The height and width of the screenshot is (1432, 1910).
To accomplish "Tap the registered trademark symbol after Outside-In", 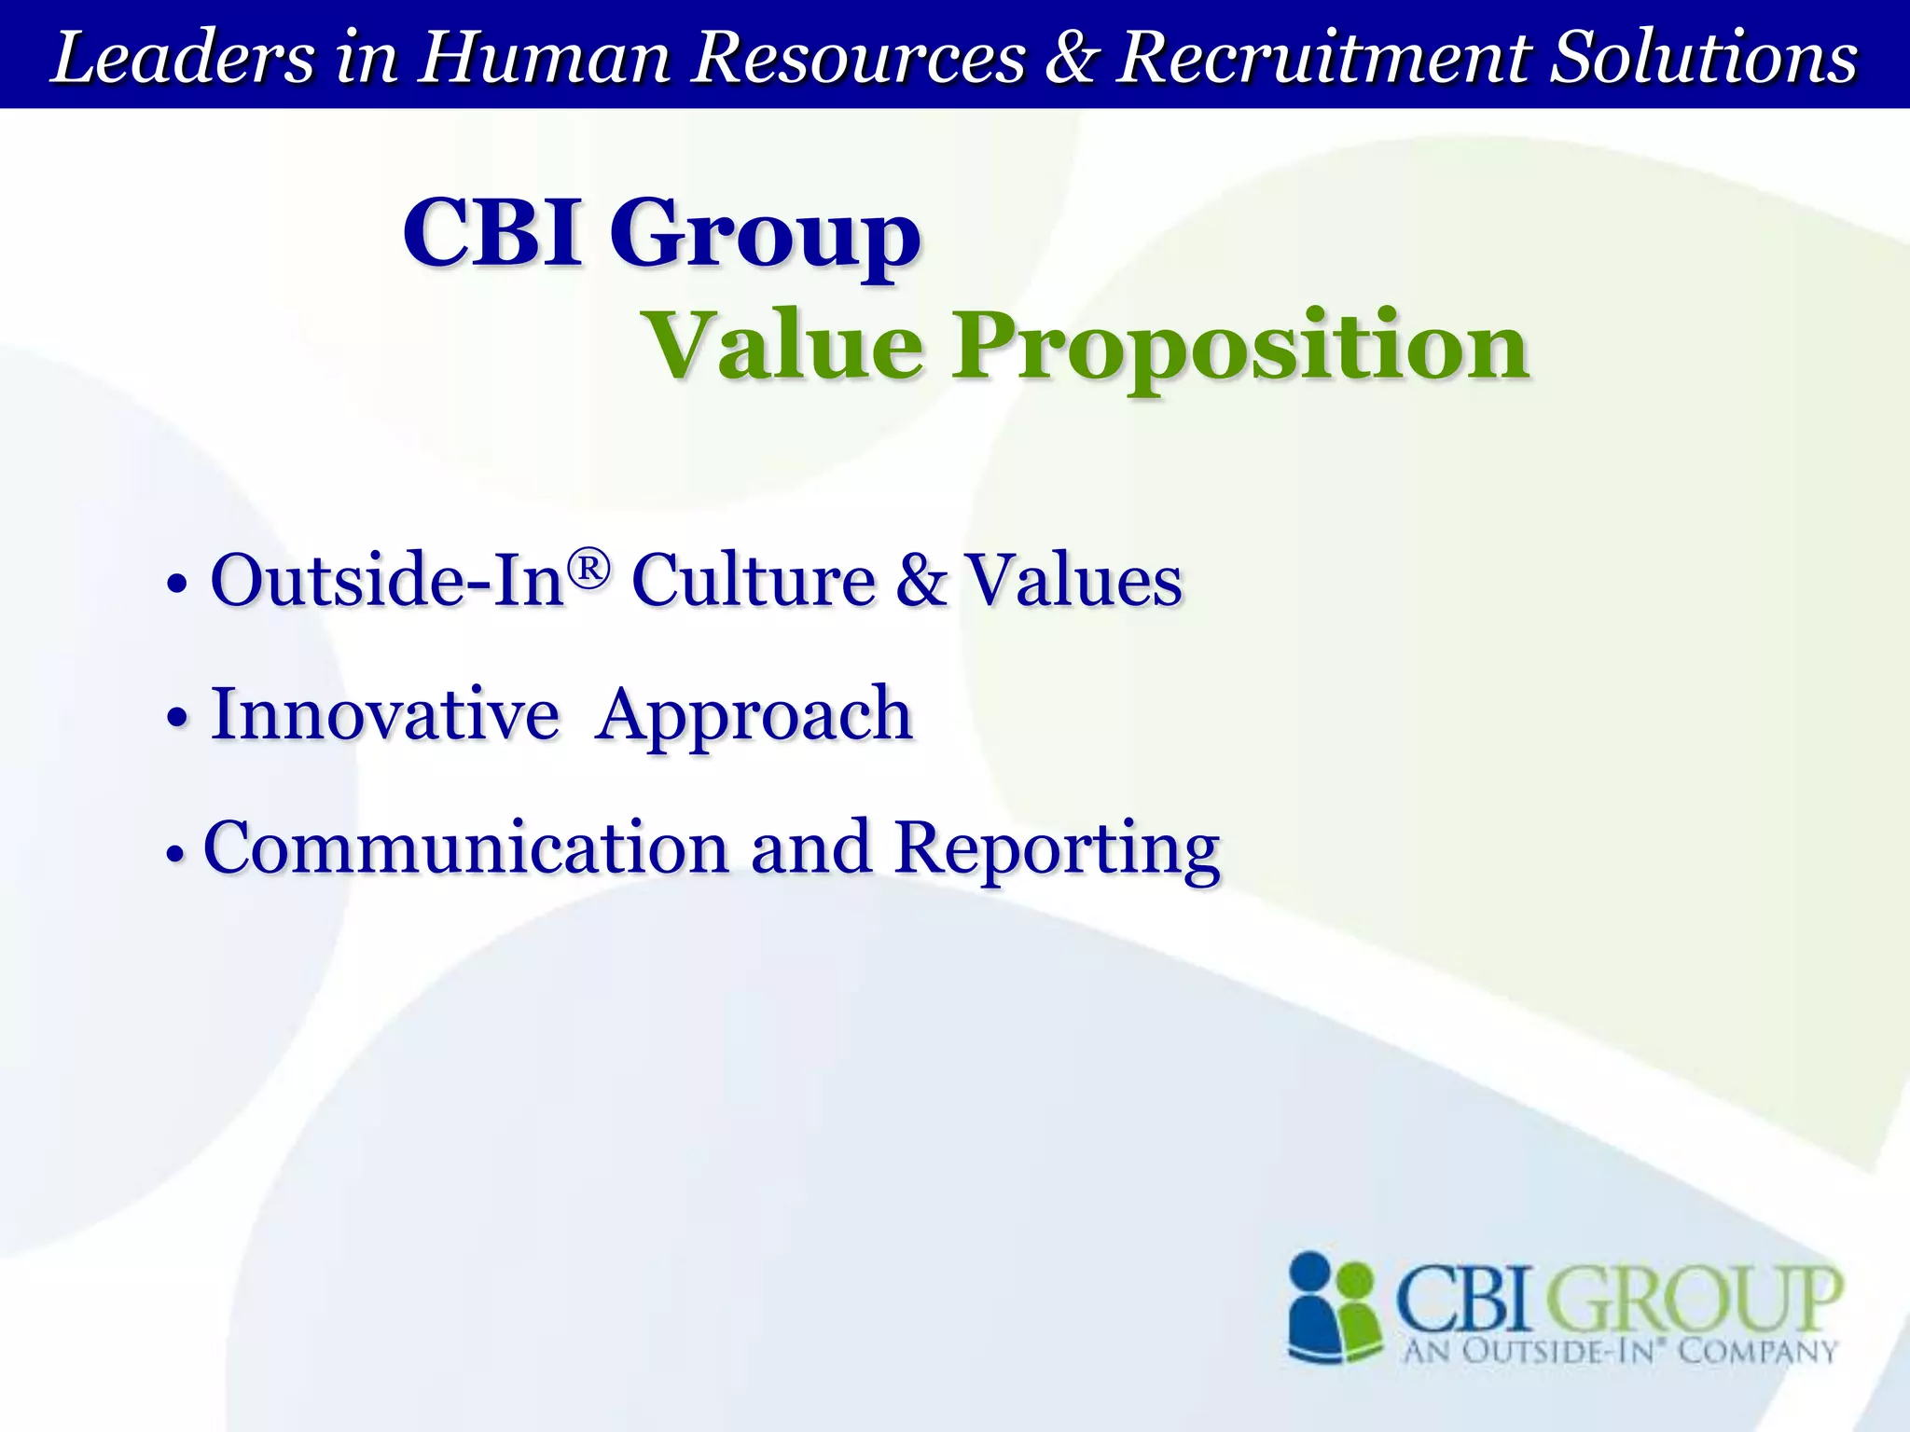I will click(589, 568).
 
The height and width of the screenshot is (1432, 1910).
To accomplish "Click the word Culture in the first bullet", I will click(754, 580).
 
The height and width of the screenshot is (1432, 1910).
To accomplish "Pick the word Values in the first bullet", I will click(1073, 580).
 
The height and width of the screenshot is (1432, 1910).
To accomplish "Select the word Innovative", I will click(385, 714).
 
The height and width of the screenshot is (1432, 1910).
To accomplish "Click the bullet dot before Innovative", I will click(177, 718).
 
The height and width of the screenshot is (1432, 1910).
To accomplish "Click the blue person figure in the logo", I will click(1313, 1305).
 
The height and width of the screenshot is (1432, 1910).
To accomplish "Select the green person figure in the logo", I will click(1357, 1315).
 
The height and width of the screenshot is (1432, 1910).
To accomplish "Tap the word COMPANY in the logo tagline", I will click(1757, 1351).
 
